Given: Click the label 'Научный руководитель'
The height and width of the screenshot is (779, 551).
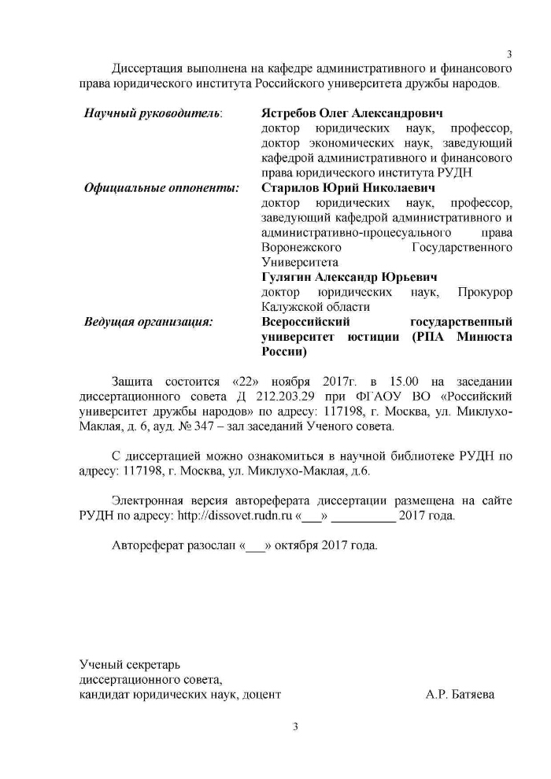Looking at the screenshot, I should coord(153,113).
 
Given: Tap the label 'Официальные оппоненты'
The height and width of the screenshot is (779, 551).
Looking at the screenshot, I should coord(161,188).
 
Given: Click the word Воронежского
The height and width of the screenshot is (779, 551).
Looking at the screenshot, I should coord(295,248).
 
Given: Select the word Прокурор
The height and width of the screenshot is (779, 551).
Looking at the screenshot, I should coord(486,293).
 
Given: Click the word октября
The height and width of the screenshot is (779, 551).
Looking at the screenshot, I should coord(298,545).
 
